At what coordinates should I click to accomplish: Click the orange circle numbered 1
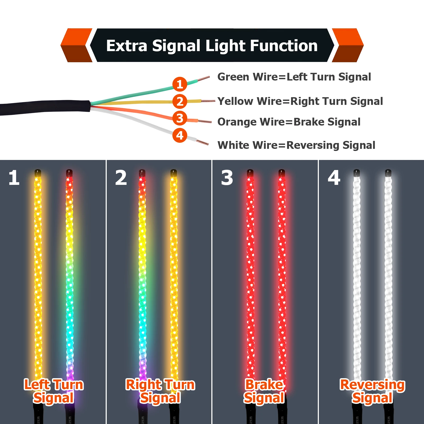pos(180,84)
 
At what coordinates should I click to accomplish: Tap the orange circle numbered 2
pos(180,101)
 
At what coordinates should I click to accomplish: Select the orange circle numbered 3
pos(180,118)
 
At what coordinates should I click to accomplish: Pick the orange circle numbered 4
pos(180,136)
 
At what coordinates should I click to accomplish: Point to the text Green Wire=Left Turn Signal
pos(294,77)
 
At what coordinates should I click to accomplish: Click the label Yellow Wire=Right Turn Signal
pos(300,101)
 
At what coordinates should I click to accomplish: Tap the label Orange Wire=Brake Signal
pos(289,122)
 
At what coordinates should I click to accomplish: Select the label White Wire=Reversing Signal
pos(296,145)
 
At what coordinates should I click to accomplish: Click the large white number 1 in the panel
pos(14,178)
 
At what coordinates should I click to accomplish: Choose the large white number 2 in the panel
pos(121,178)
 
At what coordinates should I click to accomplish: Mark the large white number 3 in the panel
pos(227,178)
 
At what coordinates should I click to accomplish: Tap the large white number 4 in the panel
pos(334,178)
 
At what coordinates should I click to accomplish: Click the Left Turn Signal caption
pos(54,391)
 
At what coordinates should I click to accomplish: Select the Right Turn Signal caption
pos(160,391)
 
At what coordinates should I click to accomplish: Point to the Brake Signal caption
pos(264,391)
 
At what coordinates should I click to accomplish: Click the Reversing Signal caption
pos(372,391)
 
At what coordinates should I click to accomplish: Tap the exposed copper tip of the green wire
pos(204,78)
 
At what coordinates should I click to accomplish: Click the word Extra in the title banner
pos(127,46)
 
